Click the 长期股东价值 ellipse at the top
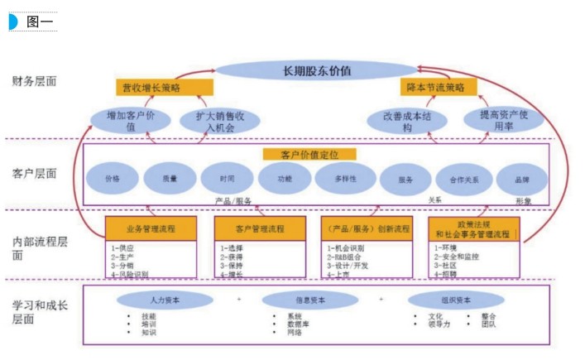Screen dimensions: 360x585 (x=317, y=70)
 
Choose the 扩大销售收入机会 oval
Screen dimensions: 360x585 (x=219, y=121)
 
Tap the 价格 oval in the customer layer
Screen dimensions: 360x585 (x=112, y=179)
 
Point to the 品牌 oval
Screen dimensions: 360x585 (x=522, y=179)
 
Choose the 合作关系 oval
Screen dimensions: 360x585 (x=463, y=179)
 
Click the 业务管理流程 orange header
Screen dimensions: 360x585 (x=151, y=228)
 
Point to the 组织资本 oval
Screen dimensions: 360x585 (x=450, y=300)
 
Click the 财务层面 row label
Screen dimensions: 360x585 (x=35, y=82)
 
